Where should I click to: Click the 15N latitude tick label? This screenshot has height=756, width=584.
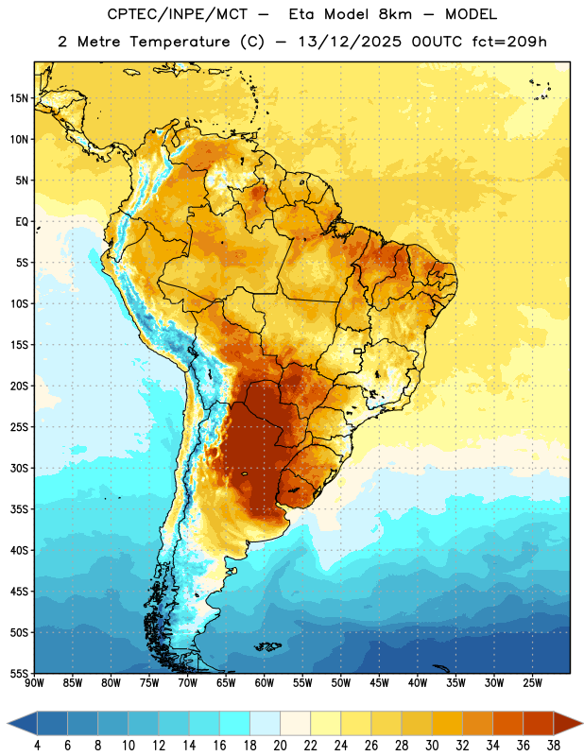click(19, 98)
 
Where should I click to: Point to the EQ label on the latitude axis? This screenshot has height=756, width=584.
click(22, 222)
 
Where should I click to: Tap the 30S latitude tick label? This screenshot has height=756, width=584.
click(19, 468)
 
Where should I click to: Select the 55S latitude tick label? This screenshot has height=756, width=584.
click(19, 674)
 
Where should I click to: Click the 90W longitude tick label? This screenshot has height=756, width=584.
click(34, 683)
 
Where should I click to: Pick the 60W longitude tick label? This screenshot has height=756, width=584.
click(265, 683)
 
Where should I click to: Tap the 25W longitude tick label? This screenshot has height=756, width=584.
click(532, 683)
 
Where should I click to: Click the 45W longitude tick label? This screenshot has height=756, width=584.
click(379, 683)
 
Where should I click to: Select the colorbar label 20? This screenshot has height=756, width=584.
click(280, 746)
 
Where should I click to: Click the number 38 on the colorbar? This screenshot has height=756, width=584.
click(553, 746)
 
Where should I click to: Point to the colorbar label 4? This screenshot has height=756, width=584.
click(37, 746)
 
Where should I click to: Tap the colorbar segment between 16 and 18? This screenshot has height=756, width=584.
click(234, 723)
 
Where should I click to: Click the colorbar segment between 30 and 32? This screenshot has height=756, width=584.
click(447, 723)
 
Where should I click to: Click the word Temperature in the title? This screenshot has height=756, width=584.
click(180, 42)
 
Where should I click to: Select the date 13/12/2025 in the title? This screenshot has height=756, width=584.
click(350, 42)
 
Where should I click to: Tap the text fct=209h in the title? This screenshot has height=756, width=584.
click(509, 42)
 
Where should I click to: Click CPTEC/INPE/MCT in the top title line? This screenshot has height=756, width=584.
click(178, 14)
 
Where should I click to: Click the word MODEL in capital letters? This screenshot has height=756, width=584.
click(471, 14)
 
